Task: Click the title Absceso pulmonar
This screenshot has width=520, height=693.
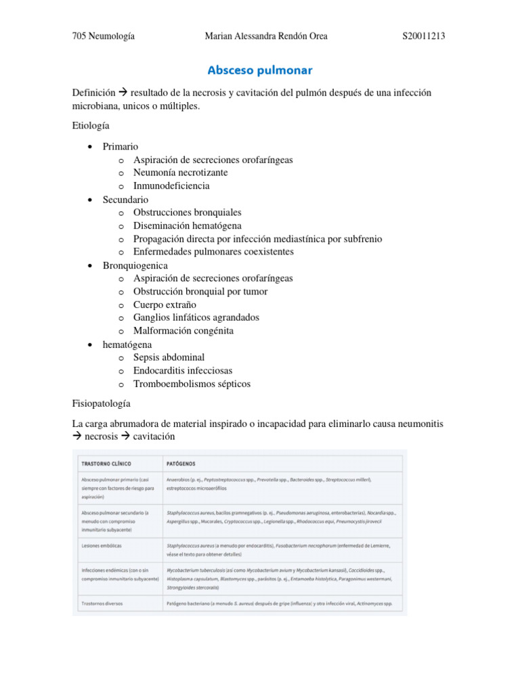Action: pos(260,70)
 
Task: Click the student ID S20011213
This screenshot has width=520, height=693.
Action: pos(422,37)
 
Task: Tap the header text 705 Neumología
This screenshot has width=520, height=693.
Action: pos(103,37)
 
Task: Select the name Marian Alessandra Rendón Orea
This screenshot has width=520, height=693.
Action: pos(265,37)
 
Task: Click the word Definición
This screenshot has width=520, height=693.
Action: pos(93,93)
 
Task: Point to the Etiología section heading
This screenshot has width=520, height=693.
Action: pos(91,126)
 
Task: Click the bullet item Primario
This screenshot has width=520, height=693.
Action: pos(120,146)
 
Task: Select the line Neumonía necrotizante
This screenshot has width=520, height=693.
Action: pos(180,173)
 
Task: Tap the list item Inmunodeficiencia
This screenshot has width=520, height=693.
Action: pos(171,185)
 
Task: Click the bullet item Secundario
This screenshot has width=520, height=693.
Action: pos(125,200)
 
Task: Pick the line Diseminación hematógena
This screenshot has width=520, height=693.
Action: pos(187,225)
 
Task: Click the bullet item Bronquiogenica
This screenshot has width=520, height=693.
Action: pos(135,265)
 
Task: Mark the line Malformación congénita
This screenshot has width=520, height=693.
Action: pos(183,331)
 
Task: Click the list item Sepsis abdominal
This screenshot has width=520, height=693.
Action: pos(169,357)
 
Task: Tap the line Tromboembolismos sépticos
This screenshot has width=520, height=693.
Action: pos(192,384)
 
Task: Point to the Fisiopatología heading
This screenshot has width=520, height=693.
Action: pos(101,403)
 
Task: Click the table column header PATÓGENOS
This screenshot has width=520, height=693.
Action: pos(181,464)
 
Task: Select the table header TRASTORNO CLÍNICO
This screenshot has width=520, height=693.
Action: pos(106,464)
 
